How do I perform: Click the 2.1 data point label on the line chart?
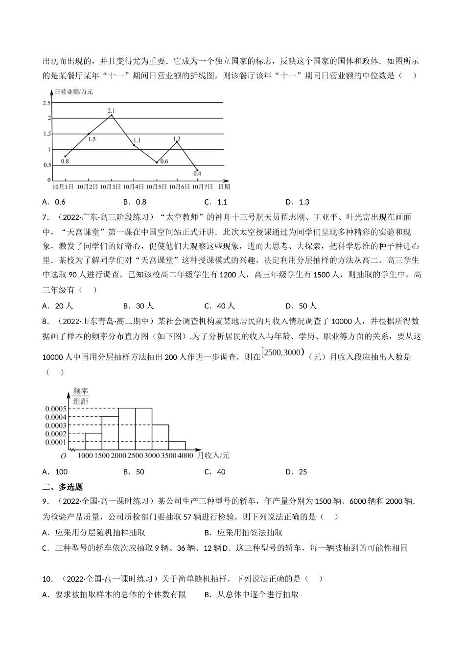tap(111, 110)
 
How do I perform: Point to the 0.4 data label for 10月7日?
tap(197, 173)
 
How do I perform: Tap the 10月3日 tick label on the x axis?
tap(110, 187)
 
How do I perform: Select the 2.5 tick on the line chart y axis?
tap(46, 103)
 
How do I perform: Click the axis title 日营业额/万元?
tap(74, 92)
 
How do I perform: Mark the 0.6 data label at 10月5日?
tap(164, 161)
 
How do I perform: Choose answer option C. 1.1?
tap(216, 202)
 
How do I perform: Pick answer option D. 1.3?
tap(297, 202)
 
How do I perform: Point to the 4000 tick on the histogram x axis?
tap(185, 455)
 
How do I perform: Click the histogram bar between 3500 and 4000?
tap(177, 446)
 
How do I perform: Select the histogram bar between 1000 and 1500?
tap(93, 442)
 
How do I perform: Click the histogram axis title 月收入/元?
tap(213, 455)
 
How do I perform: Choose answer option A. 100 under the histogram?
tap(55, 471)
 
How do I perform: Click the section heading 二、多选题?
tap(63, 487)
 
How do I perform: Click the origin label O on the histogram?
tap(63, 456)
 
